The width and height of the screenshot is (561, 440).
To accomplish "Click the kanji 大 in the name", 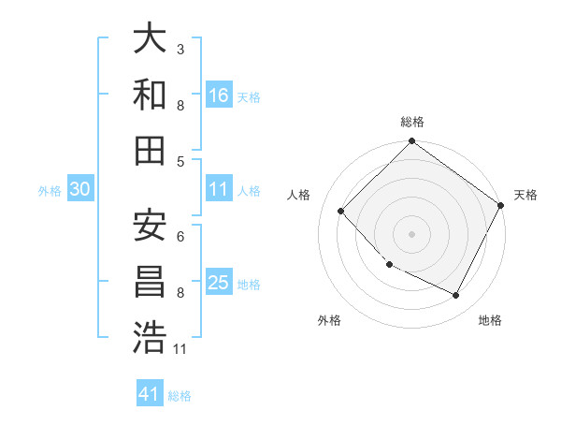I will [x=151, y=40].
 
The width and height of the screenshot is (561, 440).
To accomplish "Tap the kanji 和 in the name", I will [x=151, y=95].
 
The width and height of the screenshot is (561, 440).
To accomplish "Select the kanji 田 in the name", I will [x=151, y=149].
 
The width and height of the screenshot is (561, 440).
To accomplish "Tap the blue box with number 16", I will [x=219, y=95].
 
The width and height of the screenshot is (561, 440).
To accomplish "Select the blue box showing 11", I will [x=219, y=189].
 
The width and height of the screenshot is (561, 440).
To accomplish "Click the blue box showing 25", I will [x=219, y=284].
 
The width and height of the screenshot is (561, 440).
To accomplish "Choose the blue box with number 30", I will [x=79, y=190].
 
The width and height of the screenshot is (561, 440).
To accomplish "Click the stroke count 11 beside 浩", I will [x=180, y=349].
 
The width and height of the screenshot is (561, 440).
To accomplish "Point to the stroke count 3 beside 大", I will [x=180, y=48].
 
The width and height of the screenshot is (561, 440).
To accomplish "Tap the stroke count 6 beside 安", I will [x=180, y=236].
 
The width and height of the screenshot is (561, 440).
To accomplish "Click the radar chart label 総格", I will [x=412, y=123].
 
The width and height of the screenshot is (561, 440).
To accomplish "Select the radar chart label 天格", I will [x=525, y=196].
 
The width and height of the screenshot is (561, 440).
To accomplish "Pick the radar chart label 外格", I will [x=329, y=320].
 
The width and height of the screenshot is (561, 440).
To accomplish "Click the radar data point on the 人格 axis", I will [x=341, y=212].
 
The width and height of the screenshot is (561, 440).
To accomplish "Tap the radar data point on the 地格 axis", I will [x=456, y=296].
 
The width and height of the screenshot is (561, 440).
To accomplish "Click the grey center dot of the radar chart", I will [x=412, y=234].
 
